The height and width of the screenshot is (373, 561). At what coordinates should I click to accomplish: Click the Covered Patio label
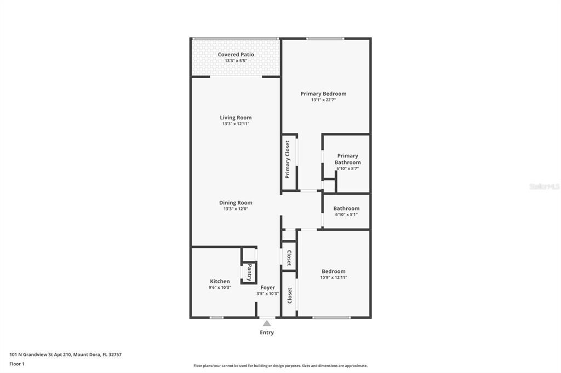pyautogui.click(x=236, y=55)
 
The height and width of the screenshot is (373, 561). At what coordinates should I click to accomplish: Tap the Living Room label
pyautogui.click(x=236, y=118)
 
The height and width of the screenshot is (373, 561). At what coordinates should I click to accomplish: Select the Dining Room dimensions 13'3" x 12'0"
pyautogui.click(x=236, y=209)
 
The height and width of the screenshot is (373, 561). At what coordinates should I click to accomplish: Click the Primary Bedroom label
pyautogui.click(x=323, y=94)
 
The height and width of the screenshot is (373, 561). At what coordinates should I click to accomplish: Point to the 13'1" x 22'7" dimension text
pyautogui.click(x=323, y=100)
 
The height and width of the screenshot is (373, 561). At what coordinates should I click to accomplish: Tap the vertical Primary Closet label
pyautogui.click(x=287, y=160)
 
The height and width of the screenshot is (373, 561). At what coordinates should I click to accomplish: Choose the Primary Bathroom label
pyautogui.click(x=347, y=159)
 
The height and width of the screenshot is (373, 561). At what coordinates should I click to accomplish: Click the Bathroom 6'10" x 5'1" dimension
pyautogui.click(x=346, y=214)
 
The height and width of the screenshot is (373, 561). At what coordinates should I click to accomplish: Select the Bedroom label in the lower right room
pyautogui.click(x=333, y=271)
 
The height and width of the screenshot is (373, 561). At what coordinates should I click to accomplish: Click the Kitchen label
pyautogui.click(x=220, y=281)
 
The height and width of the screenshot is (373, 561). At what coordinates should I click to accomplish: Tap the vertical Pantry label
pyautogui.click(x=249, y=272)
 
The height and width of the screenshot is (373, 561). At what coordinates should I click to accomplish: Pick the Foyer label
pyautogui.click(x=267, y=288)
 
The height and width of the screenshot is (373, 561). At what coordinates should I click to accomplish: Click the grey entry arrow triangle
pyautogui.click(x=267, y=323)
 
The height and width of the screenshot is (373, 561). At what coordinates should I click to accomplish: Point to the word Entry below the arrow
pyautogui.click(x=267, y=333)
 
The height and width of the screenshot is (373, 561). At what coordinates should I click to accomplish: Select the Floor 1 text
pyautogui.click(x=17, y=364)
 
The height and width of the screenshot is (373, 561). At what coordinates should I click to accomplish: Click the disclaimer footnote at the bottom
pyautogui.click(x=280, y=366)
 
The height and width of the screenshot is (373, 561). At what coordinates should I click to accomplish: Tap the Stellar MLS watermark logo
pyautogui.click(x=544, y=186)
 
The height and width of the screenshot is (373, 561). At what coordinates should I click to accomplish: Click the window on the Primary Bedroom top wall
pyautogui.click(x=325, y=38)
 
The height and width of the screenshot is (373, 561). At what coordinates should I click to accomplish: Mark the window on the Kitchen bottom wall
pyautogui.click(x=217, y=317)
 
